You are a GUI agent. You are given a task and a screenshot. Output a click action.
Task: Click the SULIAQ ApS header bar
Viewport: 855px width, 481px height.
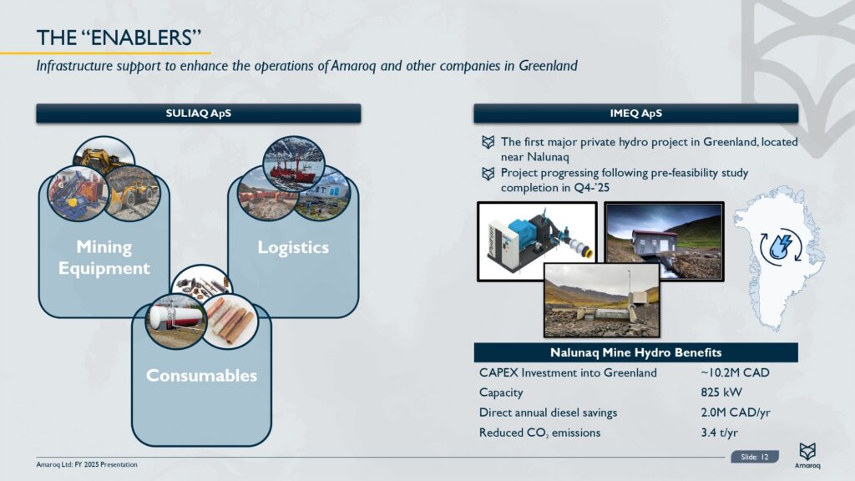[199, 114]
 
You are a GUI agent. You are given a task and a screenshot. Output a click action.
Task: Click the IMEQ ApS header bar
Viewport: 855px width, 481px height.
[635, 114]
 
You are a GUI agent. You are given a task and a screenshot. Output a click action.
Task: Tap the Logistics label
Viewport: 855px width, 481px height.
[293, 247]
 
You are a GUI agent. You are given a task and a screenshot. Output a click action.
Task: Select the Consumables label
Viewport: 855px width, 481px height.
[201, 375]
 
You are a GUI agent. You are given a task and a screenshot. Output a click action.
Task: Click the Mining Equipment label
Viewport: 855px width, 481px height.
[104, 257]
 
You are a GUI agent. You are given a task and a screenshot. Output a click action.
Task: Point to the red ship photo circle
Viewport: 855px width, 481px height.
[293, 164]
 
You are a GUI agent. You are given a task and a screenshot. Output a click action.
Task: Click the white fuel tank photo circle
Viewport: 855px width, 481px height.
[176, 322]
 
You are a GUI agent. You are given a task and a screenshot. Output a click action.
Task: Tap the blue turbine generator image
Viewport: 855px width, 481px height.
[537, 241]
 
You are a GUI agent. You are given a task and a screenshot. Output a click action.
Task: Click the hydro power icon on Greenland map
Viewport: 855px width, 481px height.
[781, 247]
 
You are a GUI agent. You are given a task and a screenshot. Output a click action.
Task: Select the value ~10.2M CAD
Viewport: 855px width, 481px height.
[735, 372]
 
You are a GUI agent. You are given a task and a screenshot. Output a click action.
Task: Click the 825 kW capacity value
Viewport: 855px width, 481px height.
[721, 392]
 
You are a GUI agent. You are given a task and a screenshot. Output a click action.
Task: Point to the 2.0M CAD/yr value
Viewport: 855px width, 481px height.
[736, 413]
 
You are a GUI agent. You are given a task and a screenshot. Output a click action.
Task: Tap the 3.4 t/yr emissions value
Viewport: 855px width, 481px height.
[719, 433]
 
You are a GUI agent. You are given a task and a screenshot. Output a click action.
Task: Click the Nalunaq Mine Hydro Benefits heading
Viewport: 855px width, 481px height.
[635, 352]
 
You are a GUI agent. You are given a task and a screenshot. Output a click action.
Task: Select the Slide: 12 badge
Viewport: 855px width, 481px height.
[755, 457]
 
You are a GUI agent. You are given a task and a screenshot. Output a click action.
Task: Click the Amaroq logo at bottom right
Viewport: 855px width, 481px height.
[807, 455]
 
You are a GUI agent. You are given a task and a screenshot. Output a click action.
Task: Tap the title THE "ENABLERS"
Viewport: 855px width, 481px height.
[119, 38]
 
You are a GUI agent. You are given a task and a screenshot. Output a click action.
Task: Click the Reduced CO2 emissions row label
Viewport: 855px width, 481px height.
[540, 433]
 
